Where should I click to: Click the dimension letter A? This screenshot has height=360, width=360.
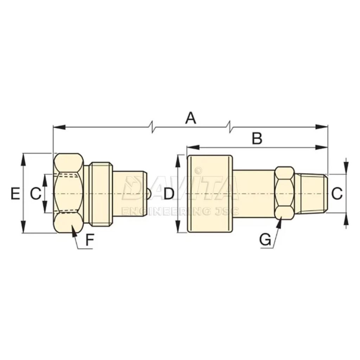190,118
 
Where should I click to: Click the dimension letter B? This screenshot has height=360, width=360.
257,139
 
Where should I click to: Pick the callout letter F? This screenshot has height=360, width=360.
90,240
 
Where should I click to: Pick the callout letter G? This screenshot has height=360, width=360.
265,240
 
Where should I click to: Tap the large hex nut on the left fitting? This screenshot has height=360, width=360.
69,193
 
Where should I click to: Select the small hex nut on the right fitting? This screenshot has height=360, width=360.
284,193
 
